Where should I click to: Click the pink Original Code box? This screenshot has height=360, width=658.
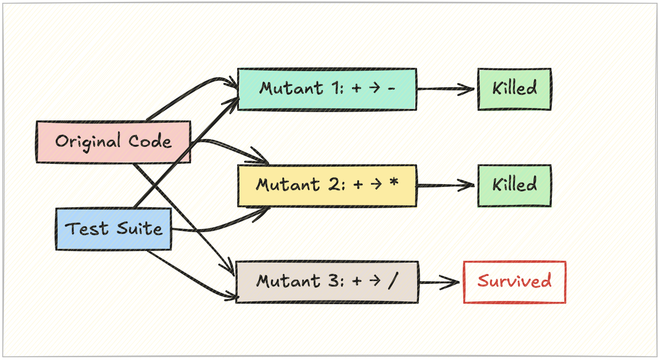pos(113,142)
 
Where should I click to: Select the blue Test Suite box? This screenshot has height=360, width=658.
pos(114,229)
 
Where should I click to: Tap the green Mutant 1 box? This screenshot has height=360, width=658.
pos(327,89)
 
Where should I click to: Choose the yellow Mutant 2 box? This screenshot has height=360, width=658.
pos(327,186)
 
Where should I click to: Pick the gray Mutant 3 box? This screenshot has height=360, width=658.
pos(327,282)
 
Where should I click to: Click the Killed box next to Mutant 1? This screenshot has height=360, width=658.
pos(514,89)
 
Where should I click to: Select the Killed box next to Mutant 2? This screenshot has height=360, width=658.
pos(514,186)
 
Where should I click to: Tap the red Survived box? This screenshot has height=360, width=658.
pos(514,282)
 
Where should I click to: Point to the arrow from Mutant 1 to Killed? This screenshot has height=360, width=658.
pos(446,90)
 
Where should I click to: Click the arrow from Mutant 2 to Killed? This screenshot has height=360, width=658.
pos(446,186)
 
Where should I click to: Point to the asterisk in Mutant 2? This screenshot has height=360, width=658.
pos(393,183)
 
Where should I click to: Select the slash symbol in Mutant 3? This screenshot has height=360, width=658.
pos(392,281)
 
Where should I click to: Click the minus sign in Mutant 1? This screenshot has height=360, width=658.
pos(392,89)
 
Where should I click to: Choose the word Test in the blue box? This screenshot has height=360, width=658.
pos(87,229)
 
